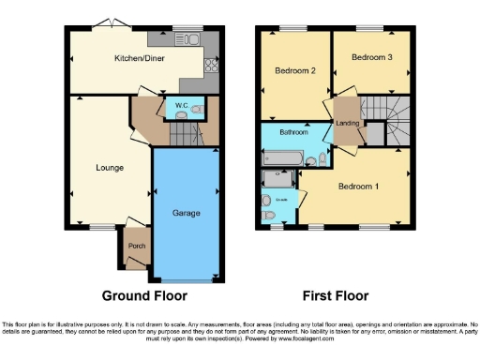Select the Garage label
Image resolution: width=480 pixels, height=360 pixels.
point(186,213)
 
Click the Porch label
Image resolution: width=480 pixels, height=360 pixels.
point(135,248)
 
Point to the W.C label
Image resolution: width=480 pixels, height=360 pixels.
point(181,104)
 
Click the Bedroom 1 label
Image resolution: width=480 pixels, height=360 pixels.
point(357,187)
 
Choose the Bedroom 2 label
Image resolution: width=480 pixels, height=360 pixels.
point(293,70)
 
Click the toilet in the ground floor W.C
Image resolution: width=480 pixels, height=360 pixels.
point(196,110)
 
